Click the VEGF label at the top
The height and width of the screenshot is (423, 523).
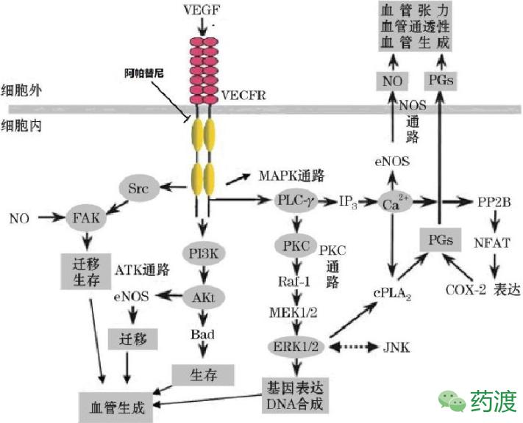pos(202,11)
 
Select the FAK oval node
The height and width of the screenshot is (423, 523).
pos(87,219)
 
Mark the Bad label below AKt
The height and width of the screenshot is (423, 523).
pos(202,334)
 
